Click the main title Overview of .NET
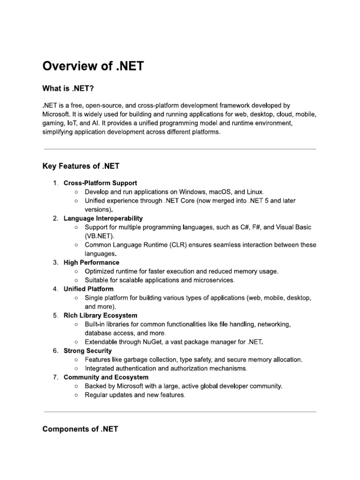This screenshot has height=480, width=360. (93, 66)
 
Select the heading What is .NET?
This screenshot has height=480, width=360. (71, 89)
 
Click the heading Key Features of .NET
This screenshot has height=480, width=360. (82, 166)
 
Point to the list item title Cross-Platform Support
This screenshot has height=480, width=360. (100, 183)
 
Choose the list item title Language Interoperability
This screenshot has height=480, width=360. (103, 218)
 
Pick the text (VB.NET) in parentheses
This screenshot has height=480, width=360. (99, 236)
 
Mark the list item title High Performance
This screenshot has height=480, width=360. (91, 262)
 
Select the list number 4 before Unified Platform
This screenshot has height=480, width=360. (55, 289)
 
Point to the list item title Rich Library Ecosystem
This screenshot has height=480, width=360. (100, 315)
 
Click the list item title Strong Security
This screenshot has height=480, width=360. (88, 351)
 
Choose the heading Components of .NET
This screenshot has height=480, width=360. (80, 429)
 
